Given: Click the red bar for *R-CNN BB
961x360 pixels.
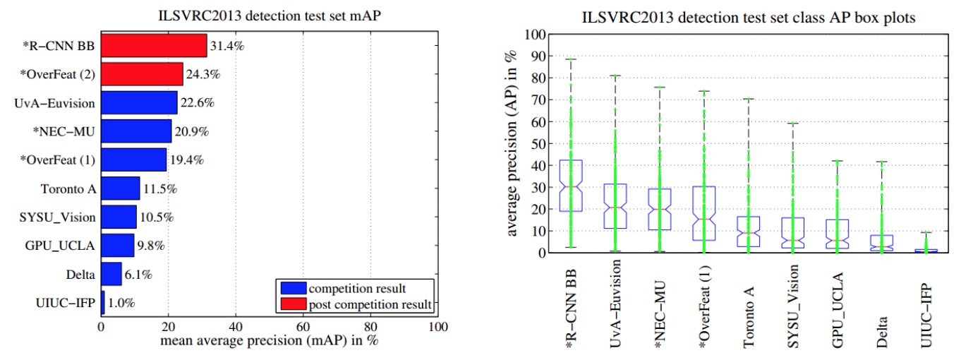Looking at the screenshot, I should pyautogui.click(x=154, y=46).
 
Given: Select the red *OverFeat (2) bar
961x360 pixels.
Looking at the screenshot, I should pyautogui.click(x=142, y=74).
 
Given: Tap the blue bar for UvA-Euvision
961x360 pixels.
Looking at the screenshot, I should pyautogui.click(x=139, y=103).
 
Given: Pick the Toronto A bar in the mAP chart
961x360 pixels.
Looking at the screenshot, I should pyautogui.click(x=121, y=188).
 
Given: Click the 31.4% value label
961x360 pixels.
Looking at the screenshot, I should pyautogui.click(x=225, y=47).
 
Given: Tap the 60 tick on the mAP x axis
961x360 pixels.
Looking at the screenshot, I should pyautogui.click(x=303, y=328).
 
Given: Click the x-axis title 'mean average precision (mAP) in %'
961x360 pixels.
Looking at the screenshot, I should pyautogui.click(x=269, y=342).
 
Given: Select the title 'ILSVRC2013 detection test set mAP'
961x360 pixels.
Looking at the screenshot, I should pyautogui.click(x=269, y=16).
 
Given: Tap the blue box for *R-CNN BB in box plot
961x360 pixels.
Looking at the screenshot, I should pyautogui.click(x=570, y=186).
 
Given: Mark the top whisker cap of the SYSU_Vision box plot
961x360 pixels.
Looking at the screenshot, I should pyautogui.click(x=792, y=124).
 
